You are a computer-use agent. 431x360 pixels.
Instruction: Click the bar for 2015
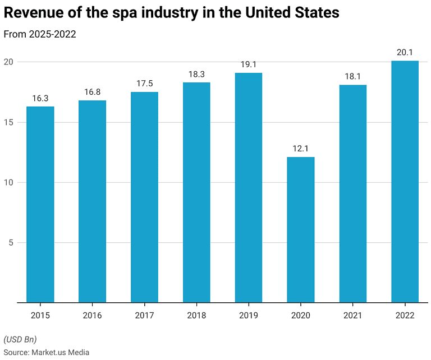coord(40,205)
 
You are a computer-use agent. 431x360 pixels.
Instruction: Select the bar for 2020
coord(301,230)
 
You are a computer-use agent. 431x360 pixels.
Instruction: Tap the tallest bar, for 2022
coord(405,182)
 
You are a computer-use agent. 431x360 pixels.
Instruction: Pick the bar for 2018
coord(196,192)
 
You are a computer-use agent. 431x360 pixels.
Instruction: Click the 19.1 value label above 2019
coord(249,64)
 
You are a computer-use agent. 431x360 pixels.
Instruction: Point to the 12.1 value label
coord(301,149)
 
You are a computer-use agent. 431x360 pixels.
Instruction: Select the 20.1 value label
coord(405,52)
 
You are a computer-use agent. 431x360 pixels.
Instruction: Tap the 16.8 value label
coord(92,92)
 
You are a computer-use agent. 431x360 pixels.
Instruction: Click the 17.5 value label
coord(144,84)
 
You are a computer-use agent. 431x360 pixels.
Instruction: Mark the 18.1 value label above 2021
coord(353,76)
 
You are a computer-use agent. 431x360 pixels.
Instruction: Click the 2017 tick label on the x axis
coord(144,316)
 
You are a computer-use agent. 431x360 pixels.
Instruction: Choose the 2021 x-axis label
coord(353,316)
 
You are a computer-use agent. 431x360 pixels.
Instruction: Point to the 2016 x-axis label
coord(92,316)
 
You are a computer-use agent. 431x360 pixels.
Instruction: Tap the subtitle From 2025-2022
coord(40,34)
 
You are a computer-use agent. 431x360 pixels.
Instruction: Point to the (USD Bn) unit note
coord(20,339)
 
